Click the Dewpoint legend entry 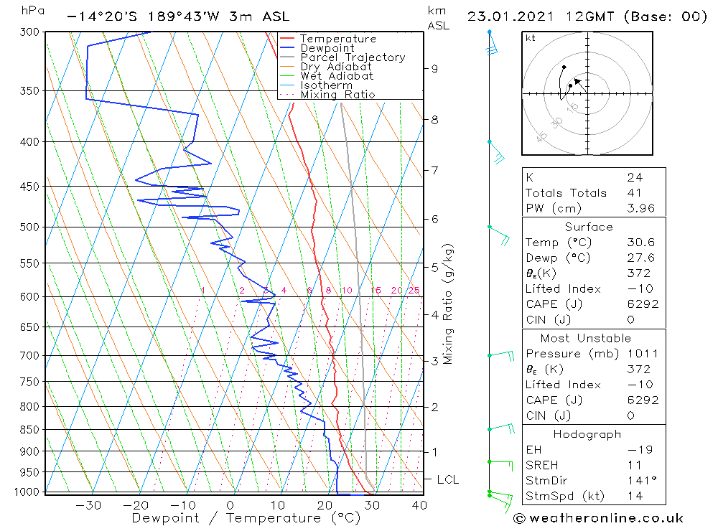327,48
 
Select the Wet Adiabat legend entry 337,76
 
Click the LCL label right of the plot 447,479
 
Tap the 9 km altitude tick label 435,68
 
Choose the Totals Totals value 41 635,193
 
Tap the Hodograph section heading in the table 587,434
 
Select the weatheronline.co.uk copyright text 598,518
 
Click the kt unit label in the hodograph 530,38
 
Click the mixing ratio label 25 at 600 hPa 414,290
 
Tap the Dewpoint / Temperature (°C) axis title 246,518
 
